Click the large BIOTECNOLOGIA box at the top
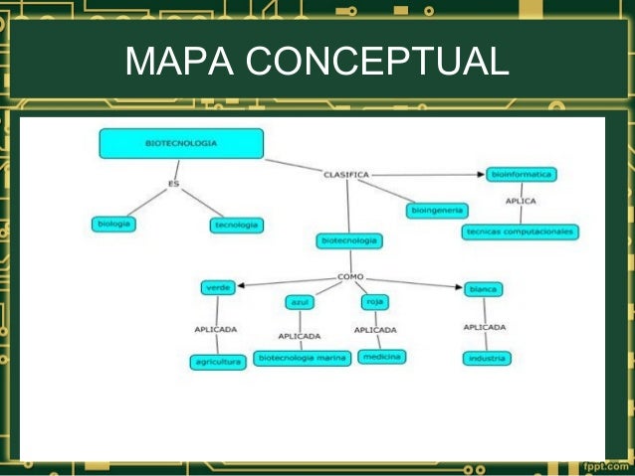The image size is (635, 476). pos(181,143)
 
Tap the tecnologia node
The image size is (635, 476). pos(236,226)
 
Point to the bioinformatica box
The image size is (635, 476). pos(522,174)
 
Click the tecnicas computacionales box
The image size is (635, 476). pos(520,232)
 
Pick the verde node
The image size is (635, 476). pos(217,287)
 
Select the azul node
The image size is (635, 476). pos(300,302)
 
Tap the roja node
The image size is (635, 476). pos(374,302)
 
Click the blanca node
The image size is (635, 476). pos(483,289)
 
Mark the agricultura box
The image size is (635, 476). pos(217,363)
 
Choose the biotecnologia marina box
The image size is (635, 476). pos(302,358)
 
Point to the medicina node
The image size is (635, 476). pos(381,356)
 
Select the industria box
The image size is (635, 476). pos(486,358)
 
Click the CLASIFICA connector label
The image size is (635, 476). pos(346,175)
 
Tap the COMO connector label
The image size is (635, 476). pos(350,276)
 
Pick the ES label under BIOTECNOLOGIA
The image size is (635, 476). pos(173,183)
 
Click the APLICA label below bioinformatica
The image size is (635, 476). pos(521,202)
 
